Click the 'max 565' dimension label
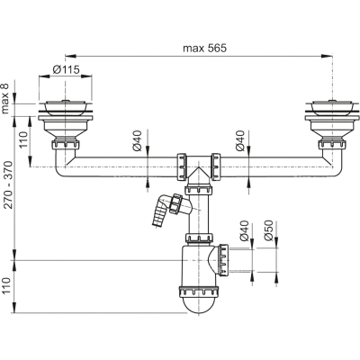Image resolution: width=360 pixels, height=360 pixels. [205, 48]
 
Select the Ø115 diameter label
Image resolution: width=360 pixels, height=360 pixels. [66, 69]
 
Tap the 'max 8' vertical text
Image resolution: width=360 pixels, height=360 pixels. [5, 98]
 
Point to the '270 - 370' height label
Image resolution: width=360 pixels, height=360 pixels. [8, 184]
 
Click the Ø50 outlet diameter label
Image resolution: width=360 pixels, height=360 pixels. [268, 230]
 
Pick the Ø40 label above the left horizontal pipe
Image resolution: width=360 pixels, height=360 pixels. [137, 140]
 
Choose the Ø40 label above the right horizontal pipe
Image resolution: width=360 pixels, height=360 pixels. [240, 140]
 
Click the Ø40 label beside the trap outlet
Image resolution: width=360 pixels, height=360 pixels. [244, 230]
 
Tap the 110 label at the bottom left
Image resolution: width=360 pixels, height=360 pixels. [6, 286]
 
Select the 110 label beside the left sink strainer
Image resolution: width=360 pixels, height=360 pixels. [23, 139]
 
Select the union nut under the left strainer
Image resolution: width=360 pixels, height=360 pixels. [66, 144]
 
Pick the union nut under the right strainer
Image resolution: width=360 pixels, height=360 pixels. [332, 144]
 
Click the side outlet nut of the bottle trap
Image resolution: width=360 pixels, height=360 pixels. [224, 260]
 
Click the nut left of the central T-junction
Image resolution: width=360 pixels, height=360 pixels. [182, 166]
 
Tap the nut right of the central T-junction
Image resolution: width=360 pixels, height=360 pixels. [216, 166]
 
